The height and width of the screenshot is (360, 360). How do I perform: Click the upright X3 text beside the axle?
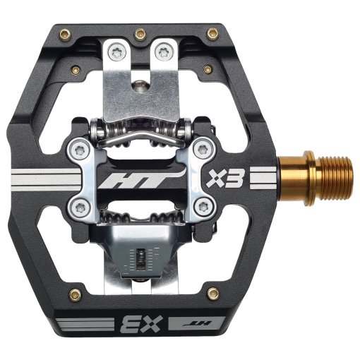(224, 179)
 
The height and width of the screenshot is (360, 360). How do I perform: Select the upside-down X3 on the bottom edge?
(141, 325)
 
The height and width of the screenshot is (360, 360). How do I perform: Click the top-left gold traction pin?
(65, 35)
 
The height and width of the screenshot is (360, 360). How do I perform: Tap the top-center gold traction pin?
(140, 35)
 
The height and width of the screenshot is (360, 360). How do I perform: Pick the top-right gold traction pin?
(212, 34)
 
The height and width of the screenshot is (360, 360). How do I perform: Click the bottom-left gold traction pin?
(76, 294)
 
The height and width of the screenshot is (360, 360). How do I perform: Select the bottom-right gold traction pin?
(213, 293)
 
